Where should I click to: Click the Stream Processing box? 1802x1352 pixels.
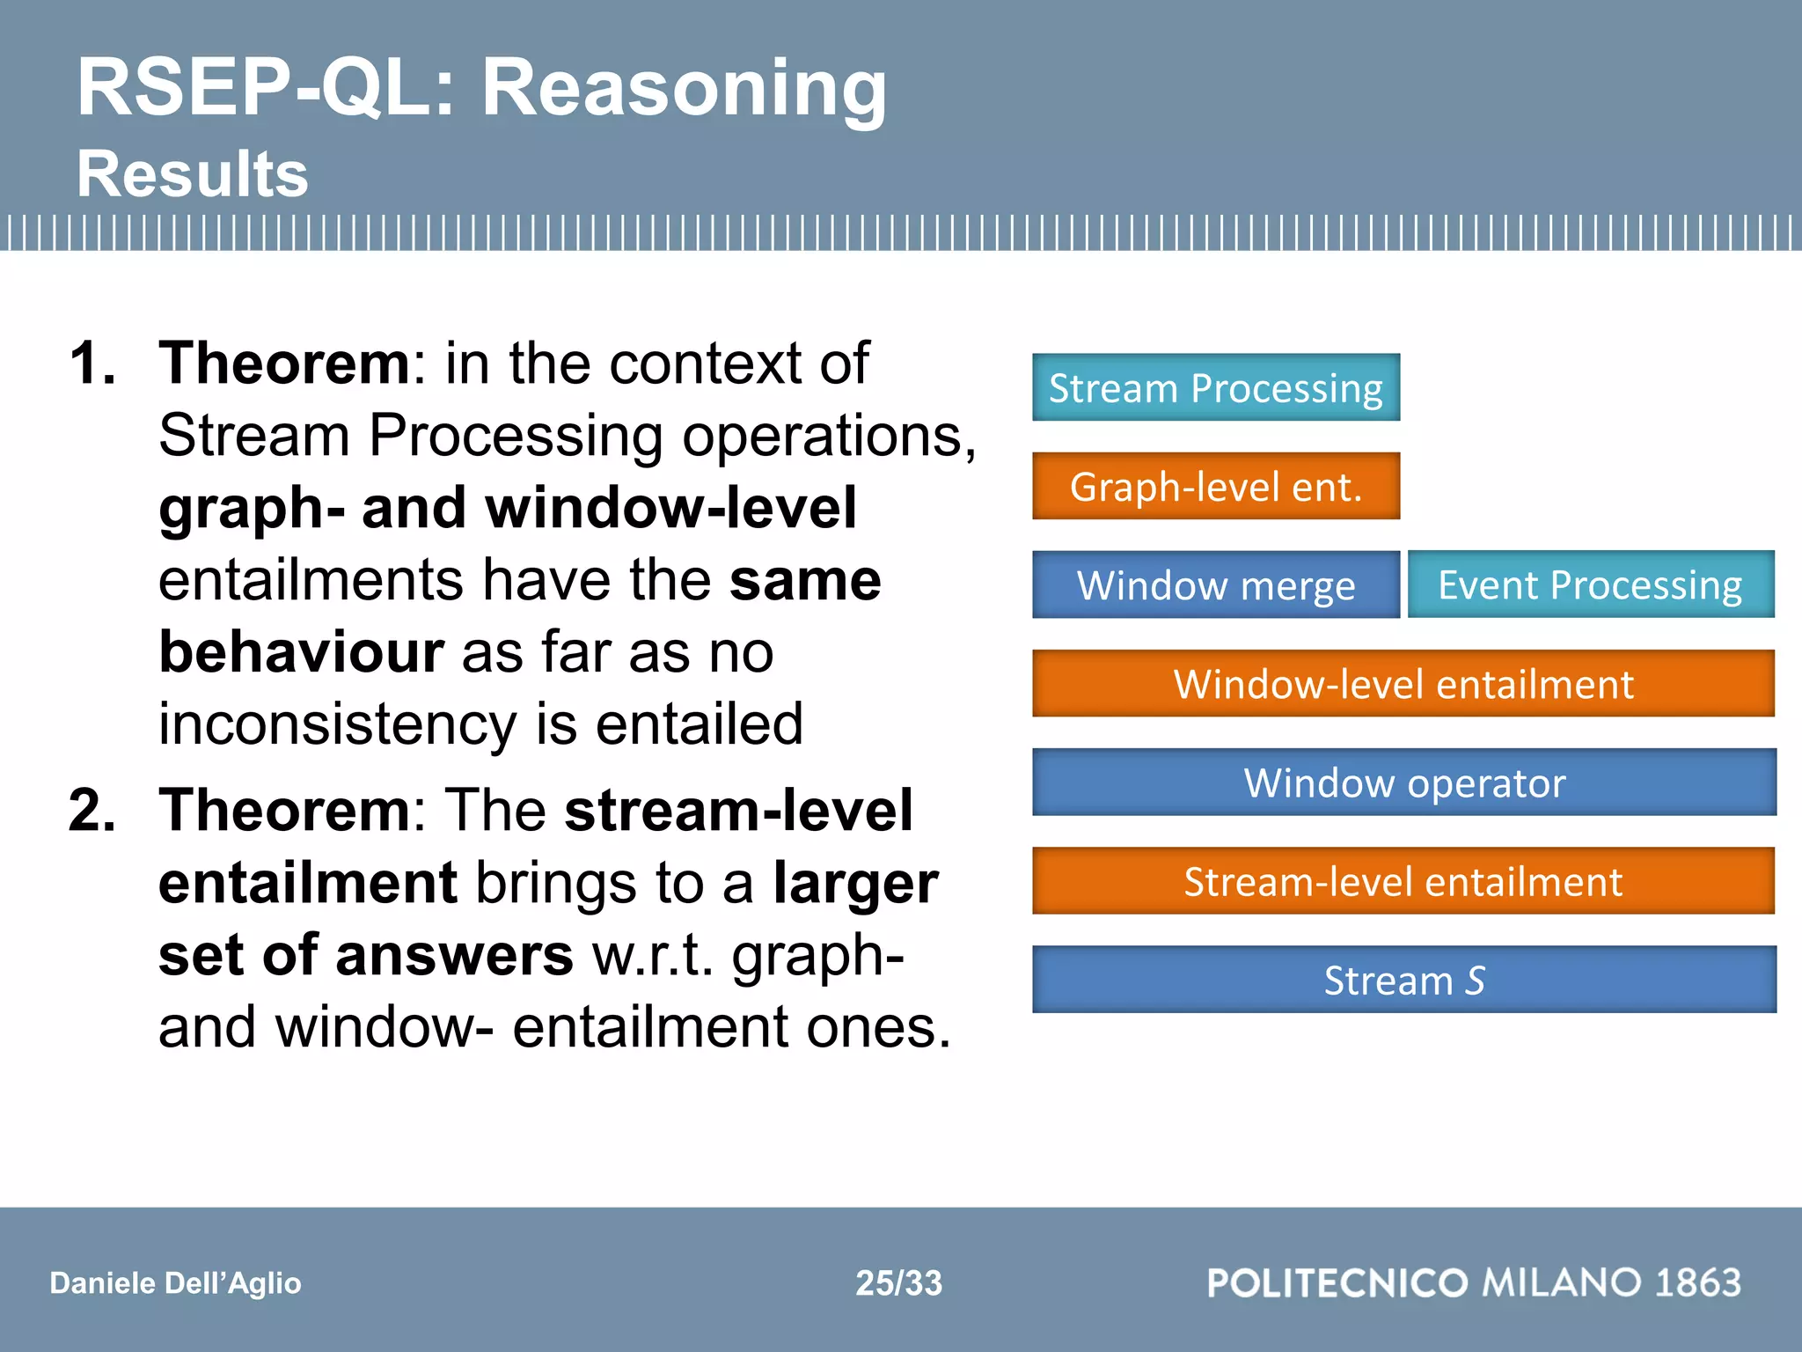pyautogui.click(x=1215, y=387)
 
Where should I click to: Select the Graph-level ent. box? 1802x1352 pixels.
pyautogui.click(x=1215, y=486)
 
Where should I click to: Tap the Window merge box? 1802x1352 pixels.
pyautogui.click(x=1215, y=584)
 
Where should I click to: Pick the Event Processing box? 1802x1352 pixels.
pyautogui.click(x=1590, y=584)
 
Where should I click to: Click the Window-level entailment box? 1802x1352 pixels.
pyautogui.click(x=1403, y=683)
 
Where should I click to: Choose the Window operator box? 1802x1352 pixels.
pyautogui.click(x=1403, y=782)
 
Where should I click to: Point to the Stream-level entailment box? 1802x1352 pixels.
pyautogui.click(x=1403, y=880)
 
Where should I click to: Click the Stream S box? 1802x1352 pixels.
pyautogui.click(x=1403, y=979)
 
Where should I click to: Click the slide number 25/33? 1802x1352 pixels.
pyautogui.click(x=898, y=1282)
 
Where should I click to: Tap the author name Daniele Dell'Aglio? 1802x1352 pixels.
pyautogui.click(x=175, y=1282)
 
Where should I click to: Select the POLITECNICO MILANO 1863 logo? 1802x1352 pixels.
pyautogui.click(x=1474, y=1282)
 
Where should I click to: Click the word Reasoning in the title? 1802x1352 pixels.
pyautogui.click(x=685, y=88)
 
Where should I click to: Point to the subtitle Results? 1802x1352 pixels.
pyautogui.click(x=193, y=173)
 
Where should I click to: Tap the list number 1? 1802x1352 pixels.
pyautogui.click(x=92, y=363)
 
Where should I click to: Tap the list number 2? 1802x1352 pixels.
pyautogui.click(x=92, y=810)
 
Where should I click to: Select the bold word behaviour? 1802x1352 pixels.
pyautogui.click(x=301, y=651)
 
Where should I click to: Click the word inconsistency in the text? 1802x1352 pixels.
pyautogui.click(x=337, y=724)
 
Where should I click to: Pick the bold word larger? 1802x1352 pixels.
pyautogui.click(x=855, y=883)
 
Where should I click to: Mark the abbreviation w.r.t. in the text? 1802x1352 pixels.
pyautogui.click(x=652, y=955)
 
